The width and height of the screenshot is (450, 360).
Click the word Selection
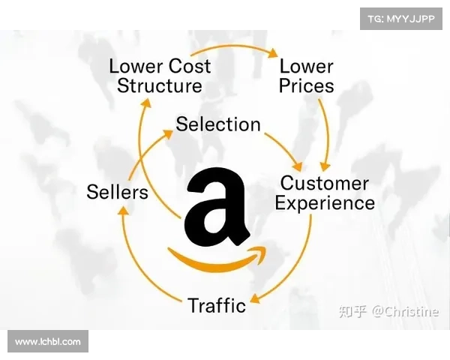pyautogui.click(x=218, y=124)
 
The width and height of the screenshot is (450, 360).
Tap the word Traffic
pyautogui.click(x=217, y=305)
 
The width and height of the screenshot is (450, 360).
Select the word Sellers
pyautogui.click(x=117, y=192)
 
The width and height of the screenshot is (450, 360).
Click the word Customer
pyautogui.click(x=325, y=183)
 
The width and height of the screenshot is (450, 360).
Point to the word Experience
pyautogui.click(x=325, y=203)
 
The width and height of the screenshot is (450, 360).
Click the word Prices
pyautogui.click(x=307, y=85)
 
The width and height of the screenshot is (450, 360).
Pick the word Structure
pyautogui.click(x=160, y=85)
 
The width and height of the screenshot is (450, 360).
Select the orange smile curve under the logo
pyautogui.click(x=218, y=259)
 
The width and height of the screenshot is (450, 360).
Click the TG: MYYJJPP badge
pyautogui.click(x=401, y=18)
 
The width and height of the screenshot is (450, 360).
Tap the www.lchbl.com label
pyautogui.click(x=48, y=342)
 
